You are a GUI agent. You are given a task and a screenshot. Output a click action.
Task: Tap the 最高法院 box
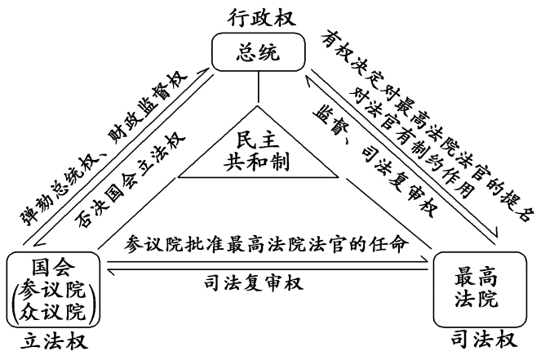click(475, 290)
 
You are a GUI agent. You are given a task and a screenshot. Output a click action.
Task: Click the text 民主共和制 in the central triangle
click(257, 149)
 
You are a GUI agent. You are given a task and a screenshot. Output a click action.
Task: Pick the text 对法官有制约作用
click(409, 138)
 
